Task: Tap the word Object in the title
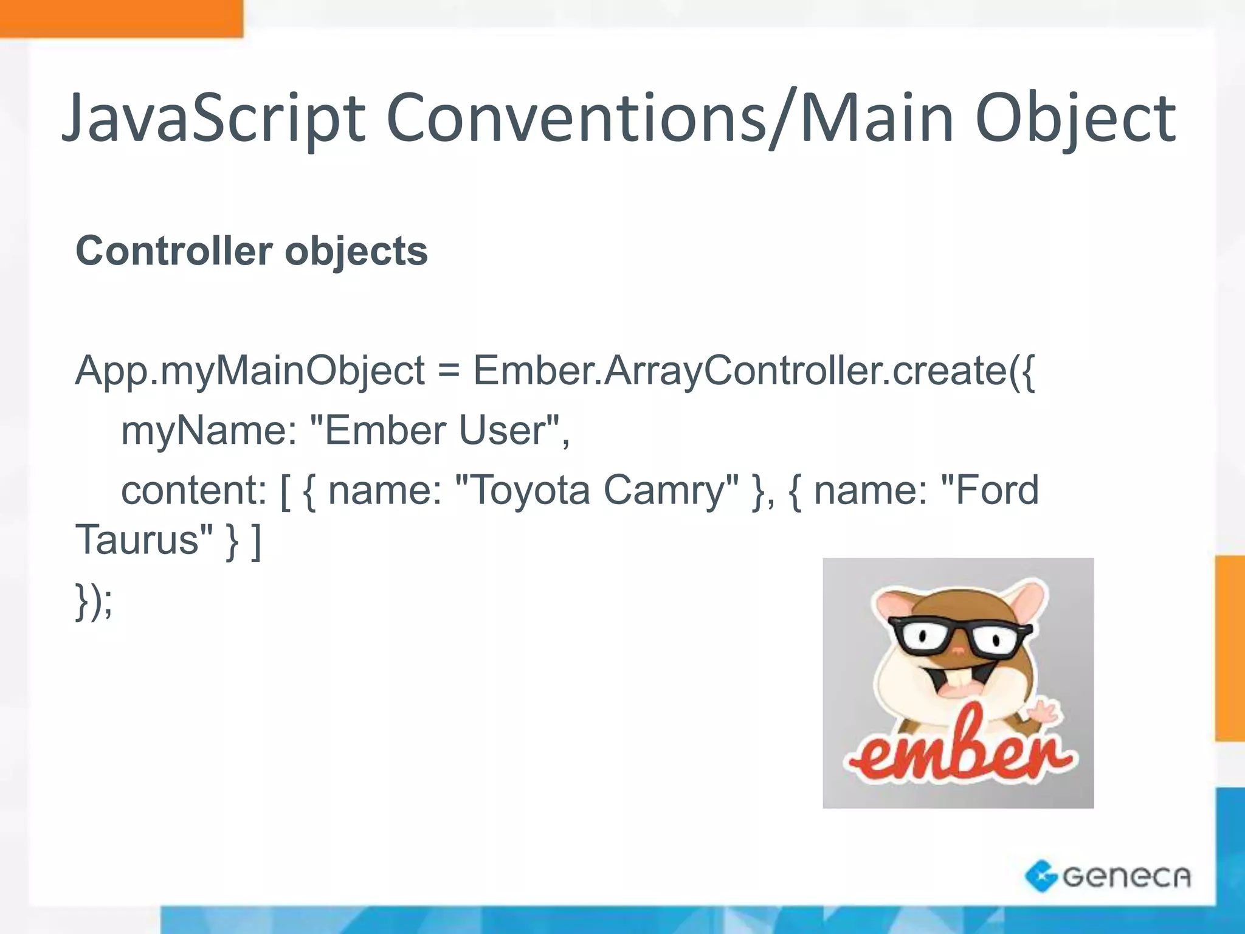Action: pyautogui.click(x=1076, y=119)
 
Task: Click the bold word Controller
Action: pyautogui.click(x=174, y=251)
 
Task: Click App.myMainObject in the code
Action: pyautogui.click(x=250, y=371)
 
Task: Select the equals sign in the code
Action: pyautogui.click(x=449, y=371)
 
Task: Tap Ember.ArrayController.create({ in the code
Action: pyautogui.click(x=754, y=371)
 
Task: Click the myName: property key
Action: pyautogui.click(x=209, y=431)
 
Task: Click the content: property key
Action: pyautogui.click(x=193, y=490)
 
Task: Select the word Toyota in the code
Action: pyautogui.click(x=523, y=490)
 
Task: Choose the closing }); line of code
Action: pyautogui.click(x=94, y=601)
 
